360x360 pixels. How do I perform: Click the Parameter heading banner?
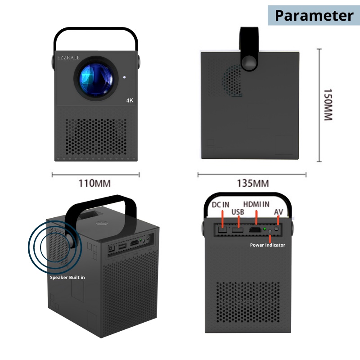pos(314,15)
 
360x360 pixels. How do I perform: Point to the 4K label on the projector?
pos(130,101)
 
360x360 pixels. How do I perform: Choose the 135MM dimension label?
pos(253,183)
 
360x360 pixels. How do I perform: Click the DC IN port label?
pos(220,205)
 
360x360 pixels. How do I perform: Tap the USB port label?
pos(238,211)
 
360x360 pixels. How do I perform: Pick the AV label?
pos(279,211)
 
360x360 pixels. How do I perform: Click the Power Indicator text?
pos(267,245)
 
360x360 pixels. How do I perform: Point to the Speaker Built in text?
pos(67,278)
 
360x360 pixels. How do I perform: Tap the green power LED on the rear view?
pos(265,229)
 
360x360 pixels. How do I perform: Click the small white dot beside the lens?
pos(125,77)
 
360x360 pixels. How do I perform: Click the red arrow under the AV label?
pos(279,220)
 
